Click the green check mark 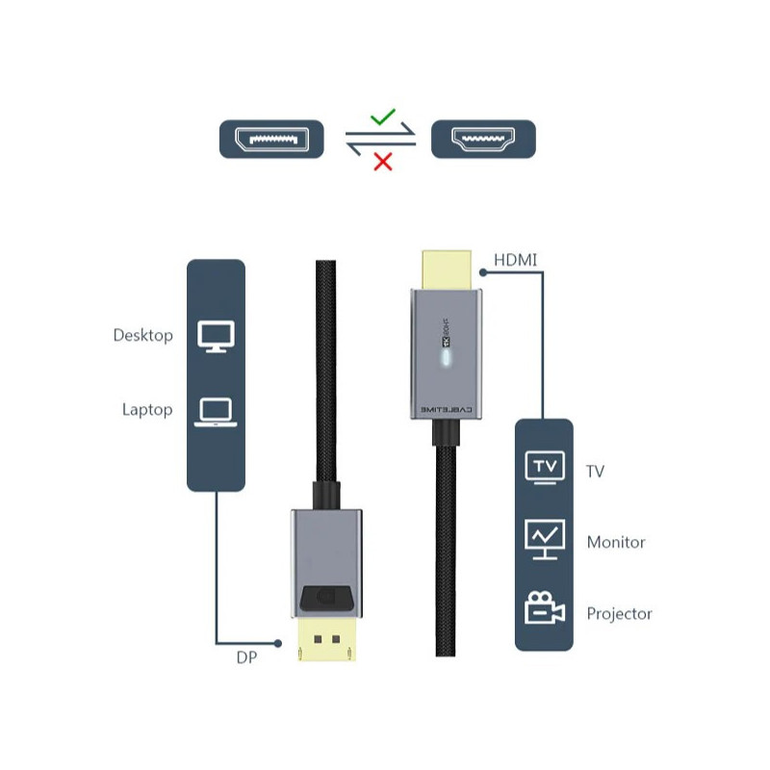pos(384,117)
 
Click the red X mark pos(383,161)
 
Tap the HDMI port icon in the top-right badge pos(484,140)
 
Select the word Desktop pos(142,336)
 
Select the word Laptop pos(146,410)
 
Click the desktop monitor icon pos(215,336)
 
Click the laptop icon pos(215,412)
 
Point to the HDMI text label pos(515,260)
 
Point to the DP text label pos(246,658)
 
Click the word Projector pos(619,613)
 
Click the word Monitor pos(616,542)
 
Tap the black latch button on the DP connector pos(325,599)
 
